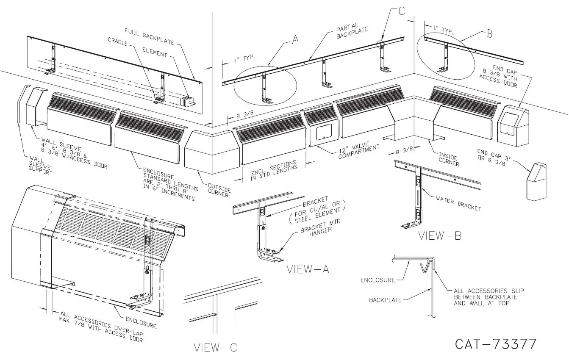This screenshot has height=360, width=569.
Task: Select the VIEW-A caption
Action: point(307,269)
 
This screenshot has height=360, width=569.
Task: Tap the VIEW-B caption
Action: point(440,236)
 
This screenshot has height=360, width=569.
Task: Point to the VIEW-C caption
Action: point(215,348)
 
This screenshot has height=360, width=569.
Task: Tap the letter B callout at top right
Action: point(489,34)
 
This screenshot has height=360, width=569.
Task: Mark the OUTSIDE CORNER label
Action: point(219,190)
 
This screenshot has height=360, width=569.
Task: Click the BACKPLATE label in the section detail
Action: point(385,300)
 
